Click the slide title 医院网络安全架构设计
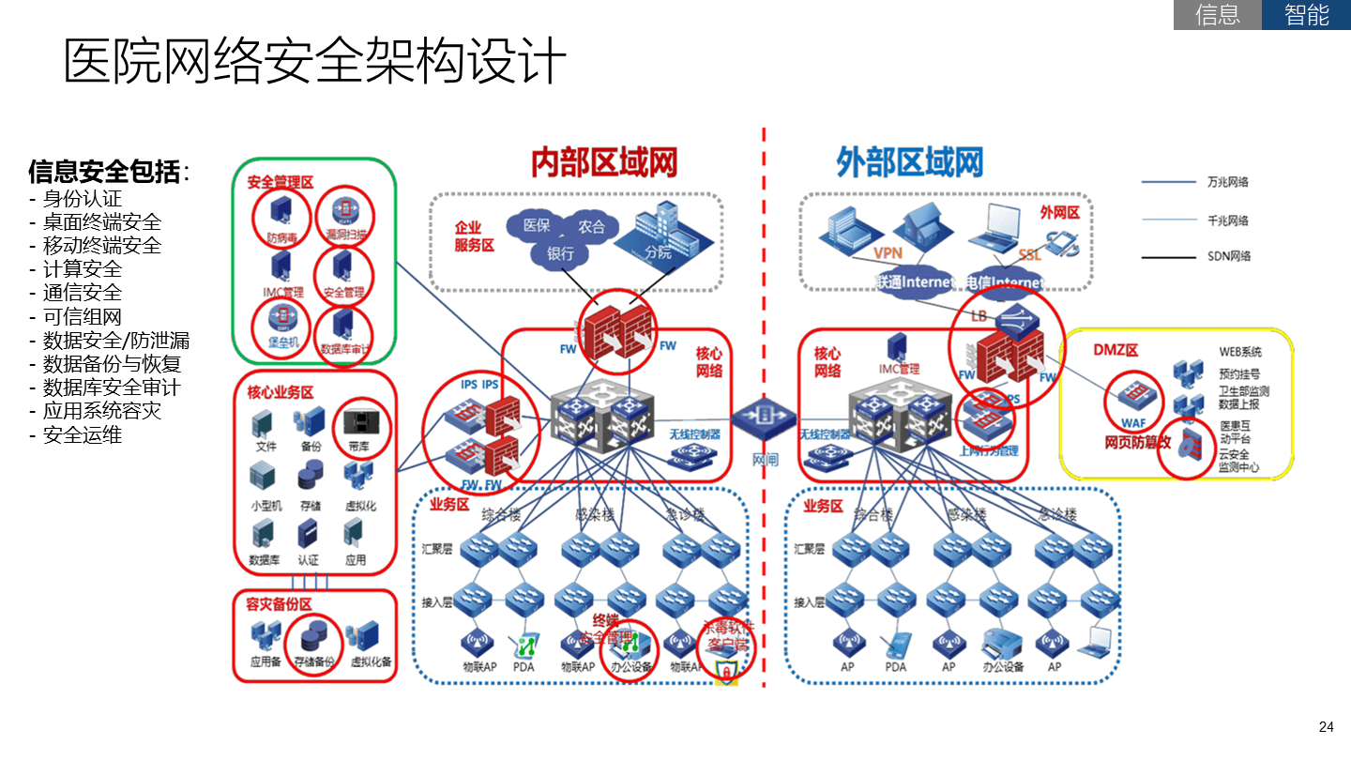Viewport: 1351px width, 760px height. [315, 62]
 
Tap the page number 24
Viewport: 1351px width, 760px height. [1326, 727]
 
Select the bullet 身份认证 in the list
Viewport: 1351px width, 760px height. [82, 198]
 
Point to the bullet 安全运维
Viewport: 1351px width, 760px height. [82, 435]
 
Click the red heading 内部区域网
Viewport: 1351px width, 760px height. [603, 162]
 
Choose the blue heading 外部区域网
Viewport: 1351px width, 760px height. [909, 162]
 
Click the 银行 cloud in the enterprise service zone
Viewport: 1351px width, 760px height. [567, 253]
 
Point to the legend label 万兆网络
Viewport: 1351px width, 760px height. [1227, 182]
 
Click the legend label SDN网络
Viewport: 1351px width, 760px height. [1228, 255]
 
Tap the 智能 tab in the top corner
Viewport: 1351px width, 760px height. [1306, 15]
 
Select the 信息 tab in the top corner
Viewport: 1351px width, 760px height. [1217, 15]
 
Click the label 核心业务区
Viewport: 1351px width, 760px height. [280, 392]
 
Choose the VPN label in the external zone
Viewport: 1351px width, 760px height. [887, 253]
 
